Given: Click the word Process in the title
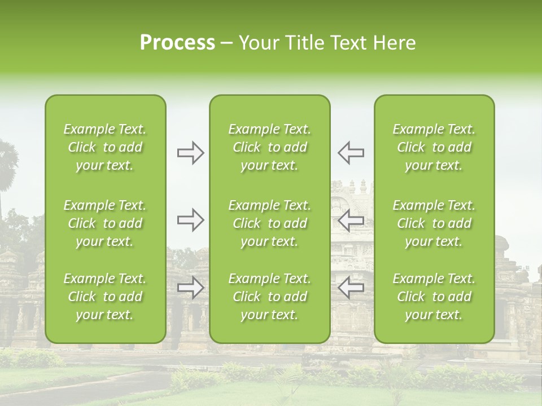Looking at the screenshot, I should [x=177, y=43].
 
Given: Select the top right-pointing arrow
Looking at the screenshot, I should [x=191, y=153].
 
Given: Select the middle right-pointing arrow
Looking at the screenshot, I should [x=191, y=220].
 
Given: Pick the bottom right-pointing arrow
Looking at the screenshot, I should [x=191, y=288].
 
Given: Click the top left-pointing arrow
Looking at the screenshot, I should [x=351, y=152].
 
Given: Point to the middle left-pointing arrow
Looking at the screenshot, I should [x=351, y=220].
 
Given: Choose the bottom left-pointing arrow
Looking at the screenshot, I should [x=351, y=288].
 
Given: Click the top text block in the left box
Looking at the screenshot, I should [x=105, y=147].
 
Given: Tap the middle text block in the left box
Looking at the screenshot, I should [x=105, y=223].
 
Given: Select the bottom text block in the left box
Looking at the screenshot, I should [x=105, y=297].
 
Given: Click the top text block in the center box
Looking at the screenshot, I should [x=270, y=147].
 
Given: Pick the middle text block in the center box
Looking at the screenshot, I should [x=270, y=223].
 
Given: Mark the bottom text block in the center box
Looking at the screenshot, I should [x=270, y=297].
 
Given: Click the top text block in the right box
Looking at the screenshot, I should [x=434, y=147].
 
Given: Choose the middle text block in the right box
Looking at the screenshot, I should [x=434, y=223].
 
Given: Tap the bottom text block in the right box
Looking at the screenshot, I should [x=434, y=297].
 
